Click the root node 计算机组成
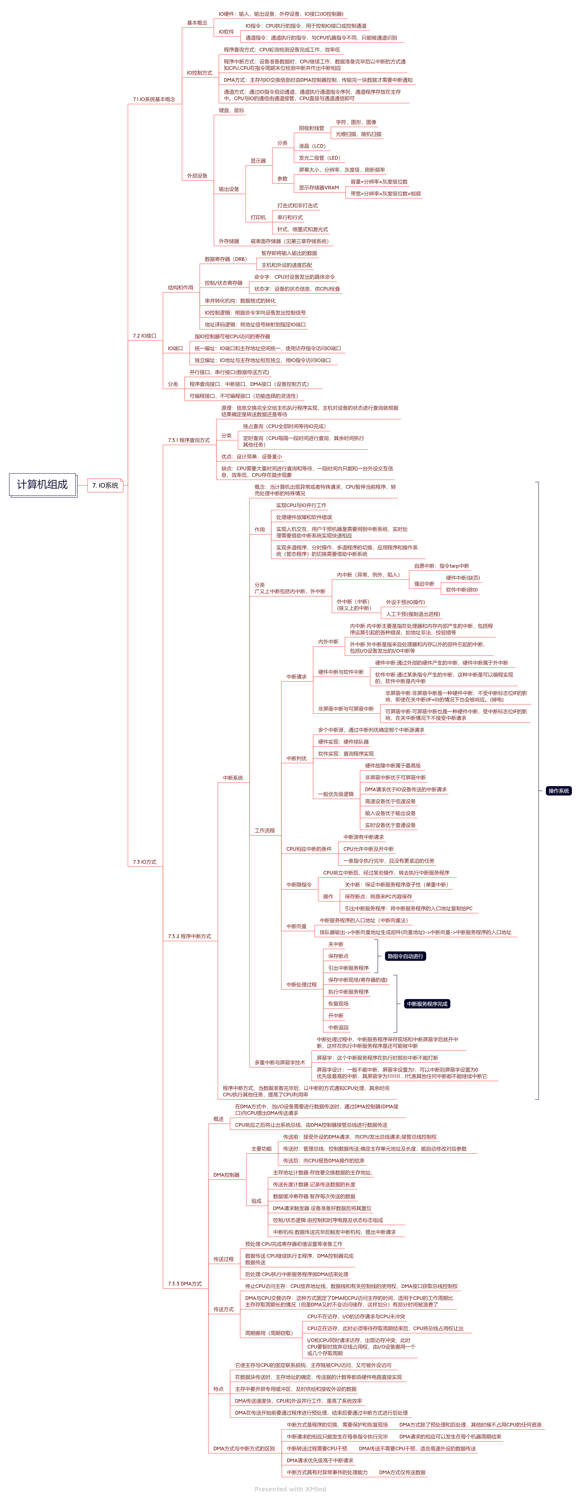(42, 485)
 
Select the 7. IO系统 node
(105, 485)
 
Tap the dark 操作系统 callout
(558, 791)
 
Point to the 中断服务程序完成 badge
(427, 1004)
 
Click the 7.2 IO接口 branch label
(144, 336)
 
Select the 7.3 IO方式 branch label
(144, 862)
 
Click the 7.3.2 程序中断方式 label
(189, 936)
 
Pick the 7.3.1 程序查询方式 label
(189, 441)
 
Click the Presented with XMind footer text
(290, 1489)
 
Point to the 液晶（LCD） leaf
(312, 146)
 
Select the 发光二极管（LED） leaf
(319, 158)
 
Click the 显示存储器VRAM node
(318, 188)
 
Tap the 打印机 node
(258, 218)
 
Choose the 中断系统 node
(233, 778)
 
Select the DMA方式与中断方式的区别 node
(244, 1448)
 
